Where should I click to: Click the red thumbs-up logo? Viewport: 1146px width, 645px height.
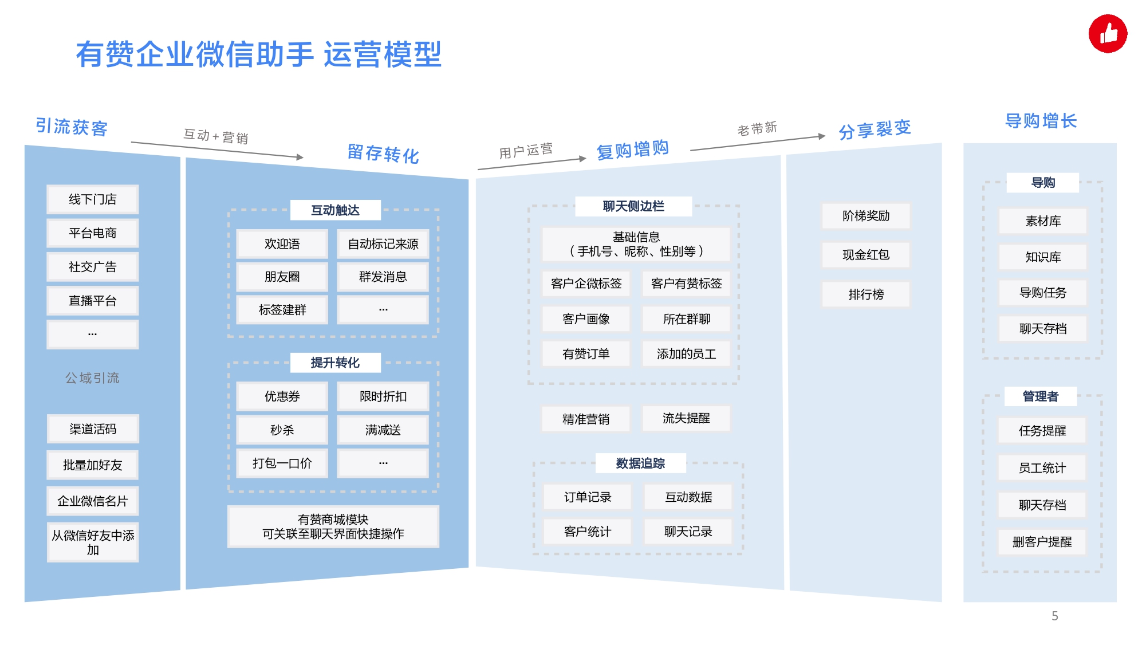coord(1108,34)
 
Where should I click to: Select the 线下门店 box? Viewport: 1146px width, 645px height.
coord(93,199)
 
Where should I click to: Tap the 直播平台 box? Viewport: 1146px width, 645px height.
coord(93,301)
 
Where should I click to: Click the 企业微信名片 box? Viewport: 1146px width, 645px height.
coord(93,501)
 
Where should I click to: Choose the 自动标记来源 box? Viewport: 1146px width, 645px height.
coord(383,244)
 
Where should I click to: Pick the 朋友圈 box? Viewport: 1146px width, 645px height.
coord(282,277)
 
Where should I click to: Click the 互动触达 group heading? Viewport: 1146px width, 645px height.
coord(336,210)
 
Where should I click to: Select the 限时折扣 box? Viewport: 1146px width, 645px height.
coord(383,396)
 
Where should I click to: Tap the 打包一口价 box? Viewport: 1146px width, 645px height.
coord(282,463)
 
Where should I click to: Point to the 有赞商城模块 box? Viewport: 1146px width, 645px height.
coord(333,526)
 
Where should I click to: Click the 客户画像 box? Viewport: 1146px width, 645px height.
coord(586,319)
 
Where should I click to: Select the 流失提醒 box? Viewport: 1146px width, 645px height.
coord(686,418)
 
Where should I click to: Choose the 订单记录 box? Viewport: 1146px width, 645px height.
coord(588,497)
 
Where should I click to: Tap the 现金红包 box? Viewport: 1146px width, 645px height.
coord(866,255)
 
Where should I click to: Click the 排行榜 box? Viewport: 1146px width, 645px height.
coord(866,294)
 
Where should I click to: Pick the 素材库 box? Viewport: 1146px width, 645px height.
coord(1043,221)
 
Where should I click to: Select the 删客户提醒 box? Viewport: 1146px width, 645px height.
coord(1042,542)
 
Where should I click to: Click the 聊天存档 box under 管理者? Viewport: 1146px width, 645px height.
coord(1042,505)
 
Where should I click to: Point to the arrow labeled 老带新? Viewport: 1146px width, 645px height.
coord(758,143)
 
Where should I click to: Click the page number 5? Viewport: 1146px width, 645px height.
coord(1055,616)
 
